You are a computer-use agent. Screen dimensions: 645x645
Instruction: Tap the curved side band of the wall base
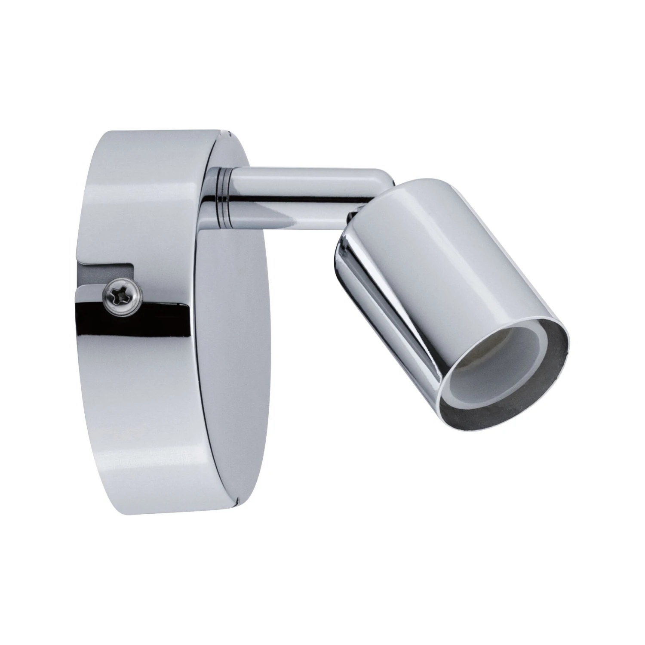(x=129, y=387)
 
